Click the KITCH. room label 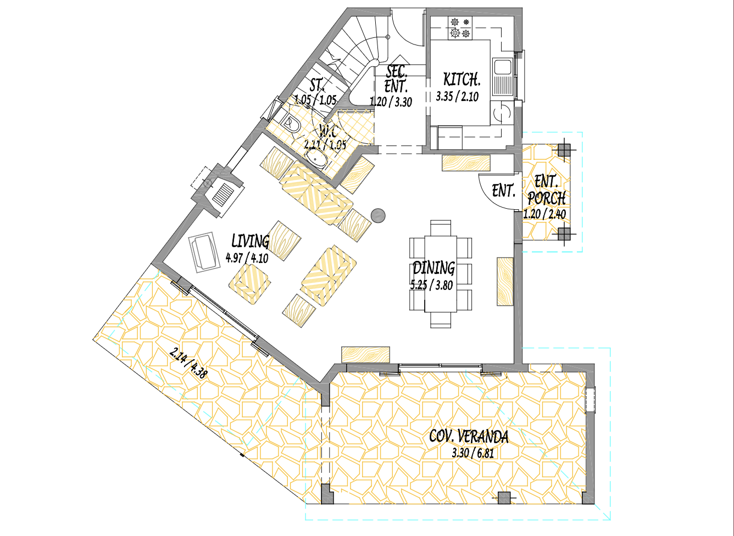click(461, 79)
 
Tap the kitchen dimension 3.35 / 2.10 click(457, 97)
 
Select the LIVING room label click(250, 241)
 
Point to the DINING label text click(433, 268)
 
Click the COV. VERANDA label click(469, 437)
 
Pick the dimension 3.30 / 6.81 click(472, 453)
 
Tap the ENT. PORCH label click(546, 189)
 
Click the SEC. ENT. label click(396, 79)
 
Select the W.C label click(328, 131)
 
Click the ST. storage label click(317, 85)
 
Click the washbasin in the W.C click(316, 160)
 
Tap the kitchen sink click(502, 68)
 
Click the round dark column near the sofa click(379, 216)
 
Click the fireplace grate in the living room click(224, 194)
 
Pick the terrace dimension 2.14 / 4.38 click(188, 363)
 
